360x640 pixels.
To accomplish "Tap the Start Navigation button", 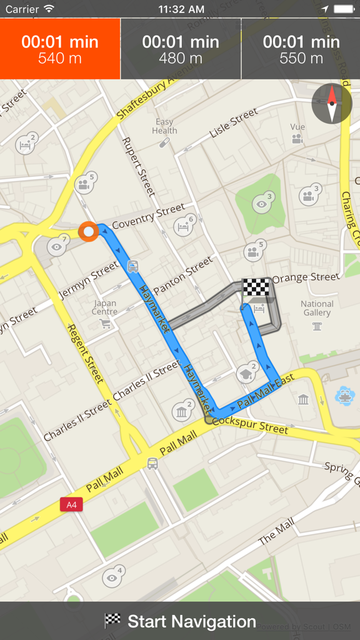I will point(180,621).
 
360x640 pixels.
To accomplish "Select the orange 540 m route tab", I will point(60,49).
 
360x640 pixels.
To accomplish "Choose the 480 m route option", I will point(181,49).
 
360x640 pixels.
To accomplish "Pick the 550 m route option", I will point(301,49).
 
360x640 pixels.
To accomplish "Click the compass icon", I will point(332,103).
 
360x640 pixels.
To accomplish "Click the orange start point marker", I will point(89,231).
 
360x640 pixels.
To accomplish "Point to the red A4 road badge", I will point(71,504).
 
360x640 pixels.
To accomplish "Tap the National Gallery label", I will point(317,308).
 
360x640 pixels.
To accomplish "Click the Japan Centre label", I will point(104,307).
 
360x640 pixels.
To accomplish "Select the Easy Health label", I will point(164,126).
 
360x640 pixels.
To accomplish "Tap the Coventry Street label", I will point(148,216).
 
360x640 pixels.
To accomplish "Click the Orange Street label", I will point(306,276).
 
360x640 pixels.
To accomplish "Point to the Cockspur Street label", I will point(251,426).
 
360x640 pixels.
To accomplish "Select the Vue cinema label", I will point(297,127).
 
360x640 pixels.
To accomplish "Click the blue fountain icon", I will point(344,395).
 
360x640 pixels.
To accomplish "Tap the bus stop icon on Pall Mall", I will point(152,463).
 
